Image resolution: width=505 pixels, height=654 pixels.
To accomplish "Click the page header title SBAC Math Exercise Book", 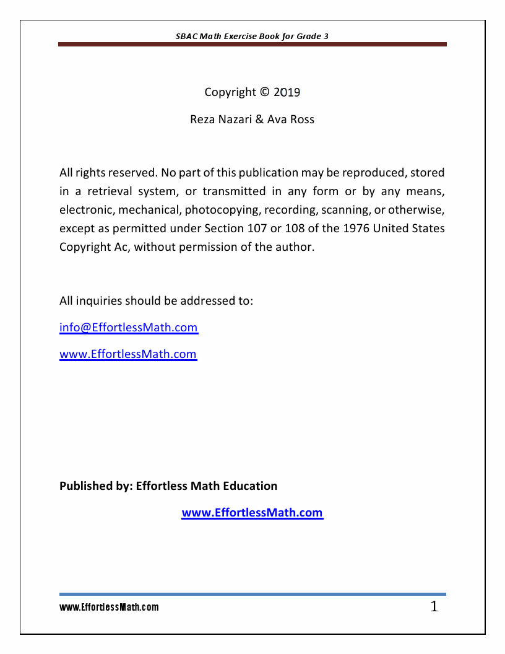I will (252, 36).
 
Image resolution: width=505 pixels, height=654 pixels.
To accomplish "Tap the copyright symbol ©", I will (265, 92).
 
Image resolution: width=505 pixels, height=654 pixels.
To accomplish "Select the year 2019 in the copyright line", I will (287, 92).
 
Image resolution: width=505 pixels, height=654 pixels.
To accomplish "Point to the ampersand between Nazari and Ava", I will (259, 120).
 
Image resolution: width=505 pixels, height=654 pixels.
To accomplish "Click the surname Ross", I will (302, 120).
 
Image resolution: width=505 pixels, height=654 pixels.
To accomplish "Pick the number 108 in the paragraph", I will (293, 228).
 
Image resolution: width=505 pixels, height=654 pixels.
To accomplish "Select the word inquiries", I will (99, 301).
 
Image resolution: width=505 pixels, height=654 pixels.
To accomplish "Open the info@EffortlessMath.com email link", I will (129, 328).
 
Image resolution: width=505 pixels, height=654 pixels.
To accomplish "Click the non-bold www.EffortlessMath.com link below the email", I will (128, 354).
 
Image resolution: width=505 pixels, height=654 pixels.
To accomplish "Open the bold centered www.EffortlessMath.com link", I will (252, 513).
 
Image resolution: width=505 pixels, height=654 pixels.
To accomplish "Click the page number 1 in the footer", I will (434, 607).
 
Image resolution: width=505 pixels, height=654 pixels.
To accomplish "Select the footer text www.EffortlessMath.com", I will (109, 608).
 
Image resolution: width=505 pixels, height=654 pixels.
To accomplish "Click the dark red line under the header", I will (252, 45).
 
